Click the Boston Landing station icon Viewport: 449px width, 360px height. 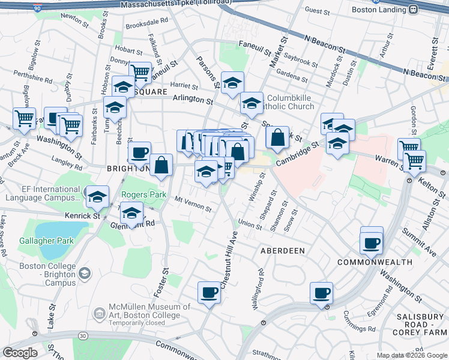click(414, 10)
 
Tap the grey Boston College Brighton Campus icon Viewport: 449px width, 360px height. click(85, 274)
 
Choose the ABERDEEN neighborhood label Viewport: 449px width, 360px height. click(282, 250)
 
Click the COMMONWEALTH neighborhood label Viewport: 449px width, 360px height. click(375, 262)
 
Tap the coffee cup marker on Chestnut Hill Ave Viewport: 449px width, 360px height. click(209, 293)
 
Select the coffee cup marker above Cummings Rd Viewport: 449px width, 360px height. click(321, 293)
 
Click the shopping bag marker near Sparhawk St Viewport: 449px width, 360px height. click(277, 138)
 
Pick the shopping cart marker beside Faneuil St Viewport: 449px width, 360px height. click(140, 73)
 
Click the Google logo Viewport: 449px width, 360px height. click(20, 353)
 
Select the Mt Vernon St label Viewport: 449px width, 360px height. click(193, 203)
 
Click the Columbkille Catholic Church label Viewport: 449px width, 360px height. click(290, 102)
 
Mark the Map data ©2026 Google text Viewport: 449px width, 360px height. click(411, 355)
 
